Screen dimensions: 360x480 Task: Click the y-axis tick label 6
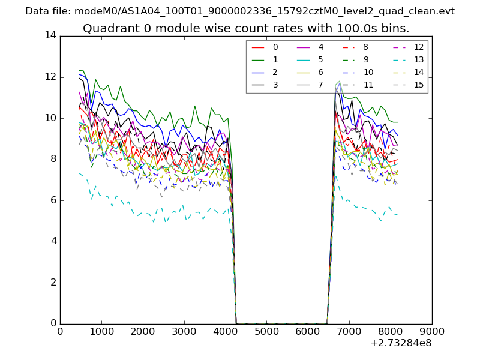click(53, 200)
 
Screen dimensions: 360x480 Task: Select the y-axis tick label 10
click(50, 118)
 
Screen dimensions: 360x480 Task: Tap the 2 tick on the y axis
click(53, 283)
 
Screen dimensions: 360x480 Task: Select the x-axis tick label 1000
click(101, 331)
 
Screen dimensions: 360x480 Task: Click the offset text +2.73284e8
click(401, 343)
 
